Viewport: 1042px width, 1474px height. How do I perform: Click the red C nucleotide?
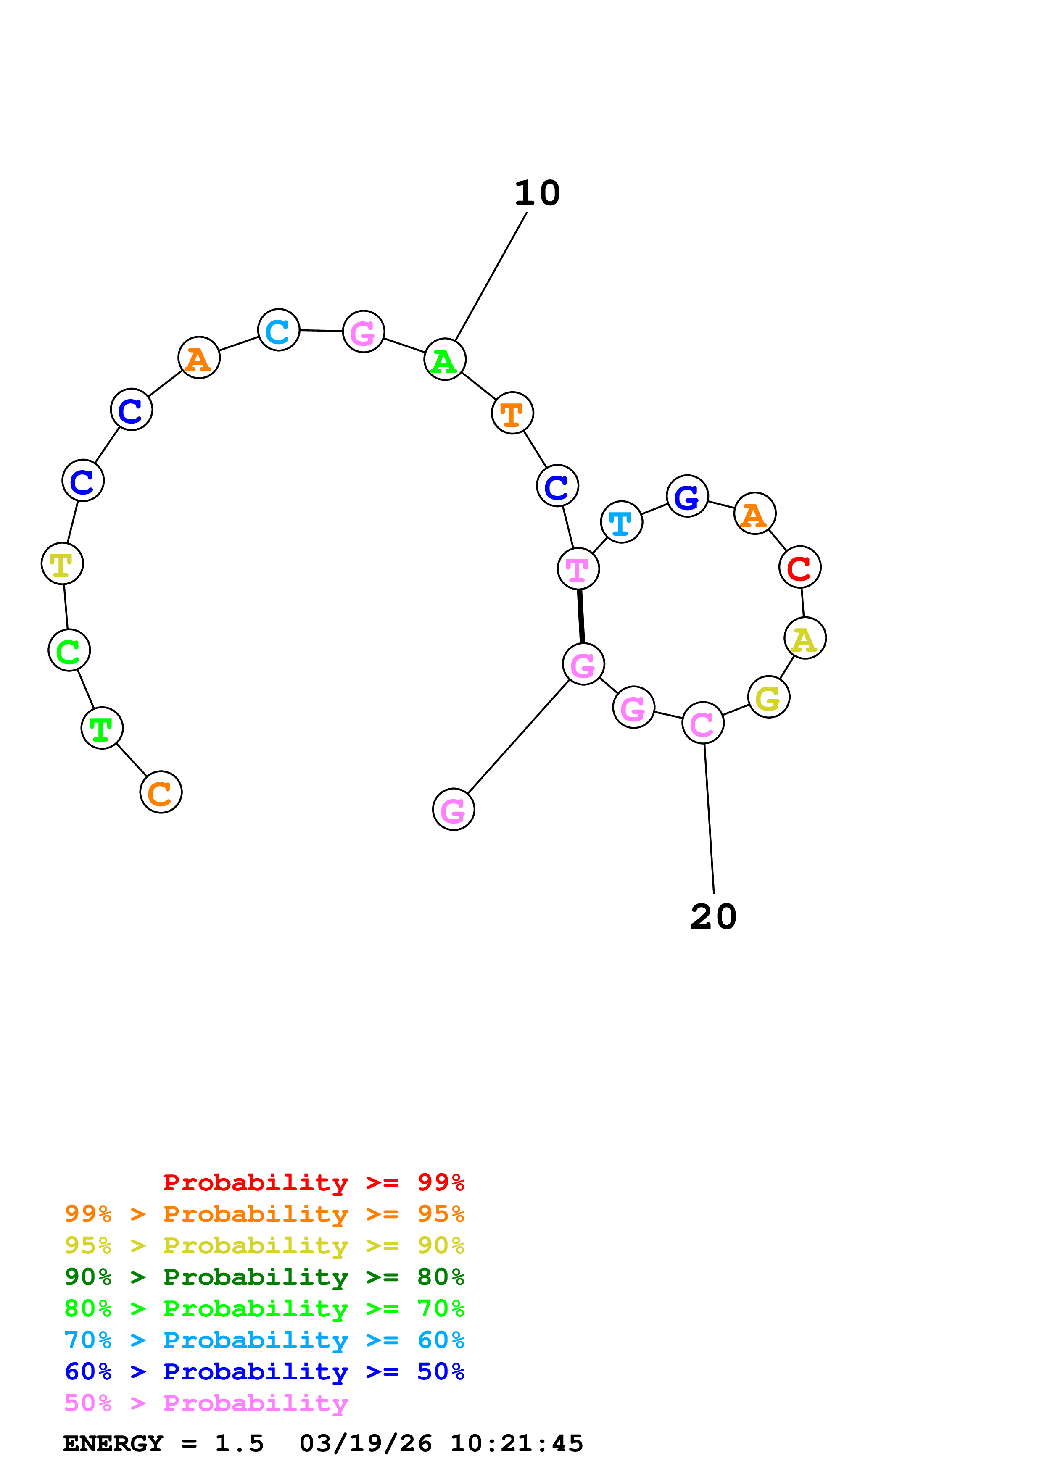[x=799, y=567]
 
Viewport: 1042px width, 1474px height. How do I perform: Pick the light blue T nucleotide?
[x=621, y=522]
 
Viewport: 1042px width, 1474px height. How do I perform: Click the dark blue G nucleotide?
[x=687, y=496]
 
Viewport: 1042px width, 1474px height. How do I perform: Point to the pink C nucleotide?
[x=702, y=723]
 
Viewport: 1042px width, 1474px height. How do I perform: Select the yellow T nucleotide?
[x=62, y=563]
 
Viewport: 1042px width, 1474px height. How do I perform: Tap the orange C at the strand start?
[x=161, y=792]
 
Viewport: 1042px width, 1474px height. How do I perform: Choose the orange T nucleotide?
[x=512, y=413]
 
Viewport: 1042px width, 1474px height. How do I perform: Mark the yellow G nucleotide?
[x=768, y=697]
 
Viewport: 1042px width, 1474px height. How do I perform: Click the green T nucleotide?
[x=101, y=728]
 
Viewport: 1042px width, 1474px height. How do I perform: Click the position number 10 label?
[x=537, y=193]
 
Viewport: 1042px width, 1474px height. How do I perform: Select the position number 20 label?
[x=713, y=917]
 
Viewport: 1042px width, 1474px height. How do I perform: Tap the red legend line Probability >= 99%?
[x=313, y=1182]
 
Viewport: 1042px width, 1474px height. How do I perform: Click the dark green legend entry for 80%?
[x=264, y=1277]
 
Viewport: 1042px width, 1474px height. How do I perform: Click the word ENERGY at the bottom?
[x=113, y=1444]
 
